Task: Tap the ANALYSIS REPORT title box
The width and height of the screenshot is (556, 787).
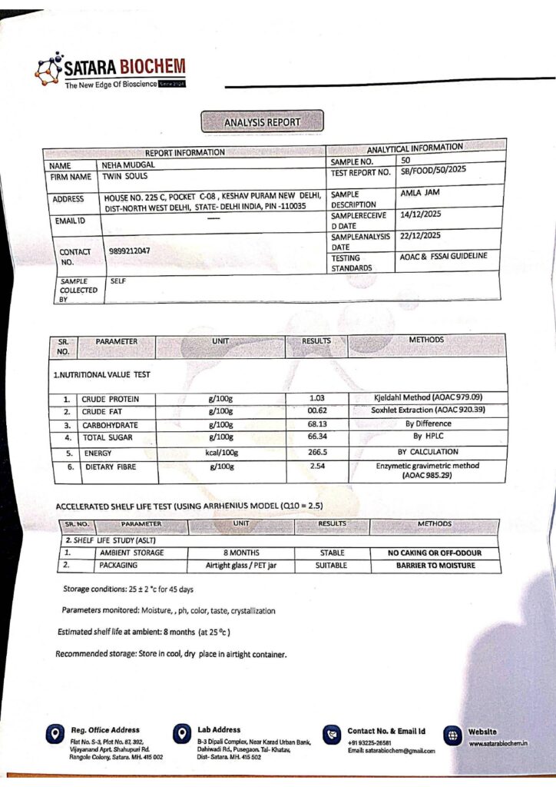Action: click(262, 122)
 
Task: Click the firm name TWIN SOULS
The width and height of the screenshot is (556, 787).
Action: click(120, 177)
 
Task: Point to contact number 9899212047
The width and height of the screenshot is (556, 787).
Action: click(130, 251)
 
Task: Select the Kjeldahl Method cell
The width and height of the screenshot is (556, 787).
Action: click(428, 397)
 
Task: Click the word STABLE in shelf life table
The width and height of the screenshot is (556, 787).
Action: click(332, 553)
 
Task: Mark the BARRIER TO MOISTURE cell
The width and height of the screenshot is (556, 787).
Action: click(435, 566)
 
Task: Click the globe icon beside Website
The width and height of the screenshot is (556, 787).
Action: click(452, 736)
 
